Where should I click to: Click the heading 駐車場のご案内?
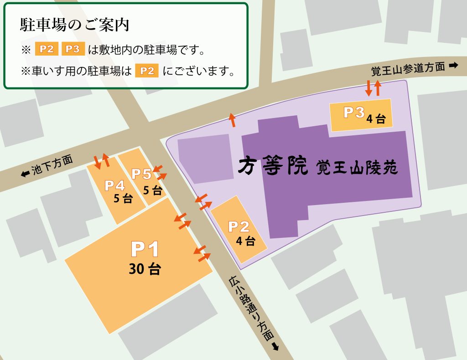[75, 26]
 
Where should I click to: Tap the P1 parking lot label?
[145, 249]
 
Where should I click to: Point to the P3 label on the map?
[354, 112]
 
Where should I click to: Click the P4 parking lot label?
[114, 185]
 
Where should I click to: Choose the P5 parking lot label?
[141, 174]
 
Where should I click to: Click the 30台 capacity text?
[145, 269]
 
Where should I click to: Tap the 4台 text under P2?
[246, 241]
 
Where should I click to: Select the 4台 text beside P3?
[376, 119]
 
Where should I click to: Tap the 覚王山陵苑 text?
[358, 168]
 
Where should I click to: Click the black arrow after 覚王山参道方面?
[453, 66]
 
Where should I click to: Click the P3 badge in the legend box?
[73, 49]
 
